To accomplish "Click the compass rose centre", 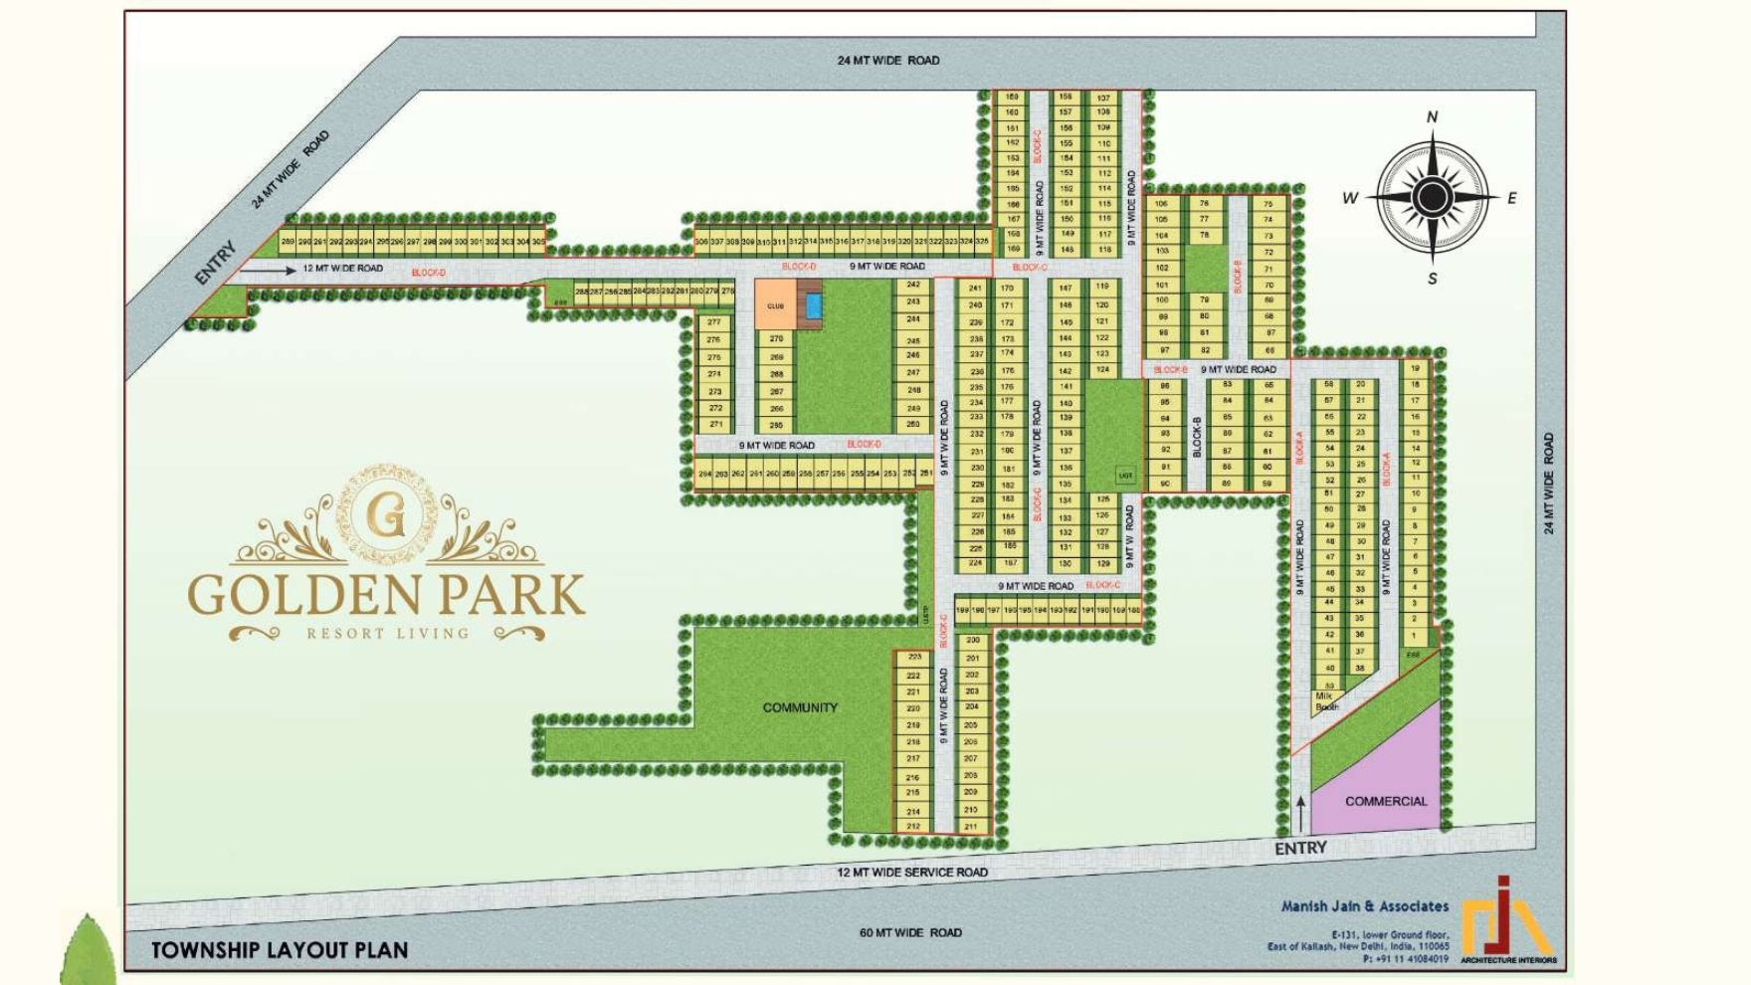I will [x=1432, y=197].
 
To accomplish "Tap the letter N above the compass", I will [x=1433, y=117].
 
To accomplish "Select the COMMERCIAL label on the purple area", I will [x=1385, y=801].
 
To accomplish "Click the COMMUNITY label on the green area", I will [x=800, y=707].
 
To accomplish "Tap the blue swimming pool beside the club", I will [x=814, y=305].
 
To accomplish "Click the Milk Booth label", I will [x=1325, y=700].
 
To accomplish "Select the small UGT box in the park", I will [x=1126, y=476].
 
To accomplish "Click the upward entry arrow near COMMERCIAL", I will [x=1300, y=814].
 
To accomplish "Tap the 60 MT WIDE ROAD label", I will [x=910, y=932].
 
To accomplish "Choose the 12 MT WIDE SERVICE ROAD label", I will [x=912, y=873].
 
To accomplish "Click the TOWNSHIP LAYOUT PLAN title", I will [x=280, y=950].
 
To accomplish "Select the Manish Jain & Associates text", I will [x=1364, y=906].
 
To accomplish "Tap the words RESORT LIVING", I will [x=387, y=633].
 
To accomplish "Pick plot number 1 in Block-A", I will [x=1414, y=635].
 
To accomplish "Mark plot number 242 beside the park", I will [x=913, y=285].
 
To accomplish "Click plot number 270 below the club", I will [x=776, y=338].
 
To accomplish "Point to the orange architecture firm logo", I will [x=1508, y=920].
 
